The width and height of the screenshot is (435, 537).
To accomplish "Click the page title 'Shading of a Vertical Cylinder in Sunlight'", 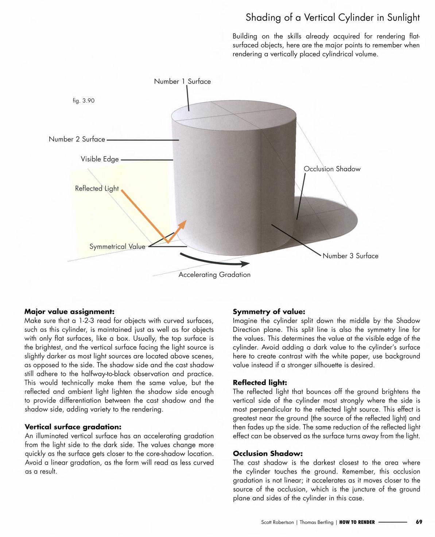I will pos(333,17).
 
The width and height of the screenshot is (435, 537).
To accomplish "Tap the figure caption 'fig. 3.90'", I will pos(83,101).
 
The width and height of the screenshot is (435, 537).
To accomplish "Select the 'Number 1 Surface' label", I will pos(182,81).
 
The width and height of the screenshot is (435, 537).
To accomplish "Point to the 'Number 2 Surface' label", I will pos(77,139).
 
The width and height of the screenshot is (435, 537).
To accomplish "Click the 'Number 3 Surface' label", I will pos(350,256).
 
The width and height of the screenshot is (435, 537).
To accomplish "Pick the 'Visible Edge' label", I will pos(100,159).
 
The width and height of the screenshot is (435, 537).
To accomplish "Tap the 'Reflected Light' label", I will pos(97,188).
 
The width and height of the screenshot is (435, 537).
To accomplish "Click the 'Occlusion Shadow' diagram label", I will pos(332,169).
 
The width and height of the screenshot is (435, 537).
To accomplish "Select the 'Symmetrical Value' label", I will pos(117,247).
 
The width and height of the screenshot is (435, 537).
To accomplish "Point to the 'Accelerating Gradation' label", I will pos(214,275).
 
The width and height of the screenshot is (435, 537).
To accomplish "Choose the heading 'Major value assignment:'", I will pos(69,311).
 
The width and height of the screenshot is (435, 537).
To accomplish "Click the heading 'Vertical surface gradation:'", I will pos(73,427).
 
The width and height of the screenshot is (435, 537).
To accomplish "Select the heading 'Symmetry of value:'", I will pos(269,311).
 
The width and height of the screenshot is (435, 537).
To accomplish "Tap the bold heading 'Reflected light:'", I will pos(260,383).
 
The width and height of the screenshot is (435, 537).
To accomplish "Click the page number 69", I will pos(419,522).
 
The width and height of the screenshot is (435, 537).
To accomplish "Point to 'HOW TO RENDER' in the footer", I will pos(357,522).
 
